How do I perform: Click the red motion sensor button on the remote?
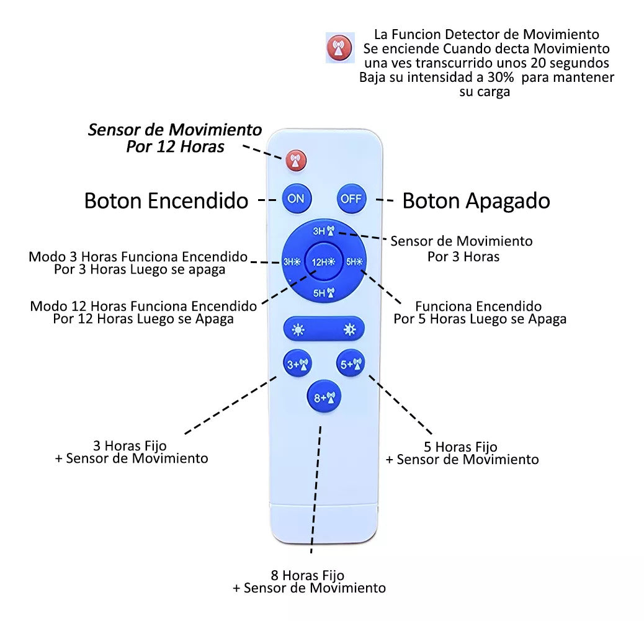(x=296, y=161)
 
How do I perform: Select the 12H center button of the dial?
(x=323, y=261)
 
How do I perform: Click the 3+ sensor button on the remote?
(x=297, y=365)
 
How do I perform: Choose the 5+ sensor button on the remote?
(x=351, y=365)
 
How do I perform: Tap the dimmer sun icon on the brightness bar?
(x=299, y=329)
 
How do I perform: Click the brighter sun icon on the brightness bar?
(x=349, y=329)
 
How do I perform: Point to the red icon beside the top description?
(x=339, y=48)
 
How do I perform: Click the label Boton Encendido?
(x=166, y=200)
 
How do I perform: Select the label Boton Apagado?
(x=476, y=200)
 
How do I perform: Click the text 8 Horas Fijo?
(x=307, y=575)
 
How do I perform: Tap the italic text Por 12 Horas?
(x=175, y=147)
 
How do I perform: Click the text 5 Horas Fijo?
(x=460, y=447)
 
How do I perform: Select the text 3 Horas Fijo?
(x=130, y=445)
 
